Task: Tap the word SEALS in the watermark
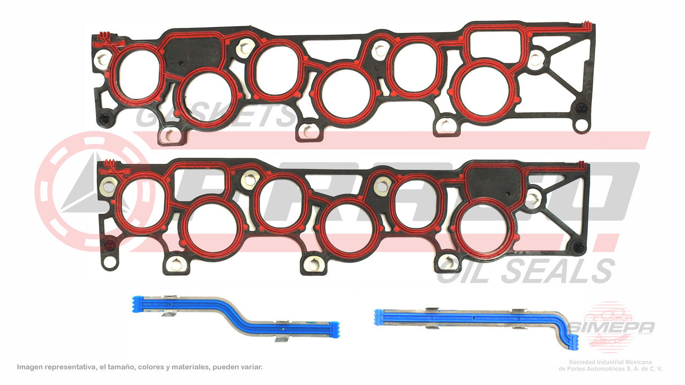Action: coord(562,272)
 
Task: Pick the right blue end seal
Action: coord(476,320)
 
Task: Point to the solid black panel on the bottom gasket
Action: coord(495,182)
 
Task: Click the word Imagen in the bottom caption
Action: coord(31,367)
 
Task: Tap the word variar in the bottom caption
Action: coord(251,367)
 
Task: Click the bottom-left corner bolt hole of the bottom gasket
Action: coord(109,262)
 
